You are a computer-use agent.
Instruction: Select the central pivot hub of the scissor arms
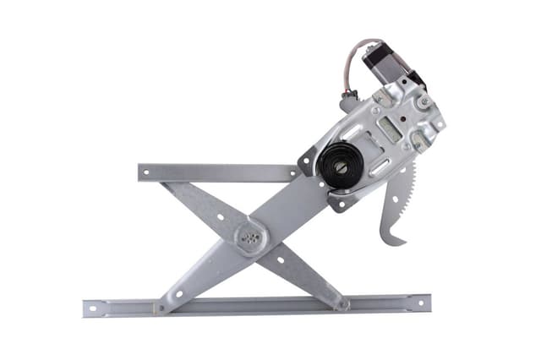pyautogui.click(x=250, y=237)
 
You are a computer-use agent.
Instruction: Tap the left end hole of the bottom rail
pyautogui.click(x=93, y=308)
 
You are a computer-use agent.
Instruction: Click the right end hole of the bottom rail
pyautogui.click(x=419, y=303)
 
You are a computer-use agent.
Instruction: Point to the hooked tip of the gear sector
pyautogui.click(x=391, y=241)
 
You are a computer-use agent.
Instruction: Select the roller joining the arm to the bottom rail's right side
pyautogui.click(x=342, y=303)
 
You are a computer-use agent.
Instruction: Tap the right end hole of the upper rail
pyautogui.click(x=292, y=172)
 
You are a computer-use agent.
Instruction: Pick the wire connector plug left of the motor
pyautogui.click(x=347, y=105)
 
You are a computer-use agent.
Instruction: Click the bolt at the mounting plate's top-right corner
pyautogui.click(x=424, y=101)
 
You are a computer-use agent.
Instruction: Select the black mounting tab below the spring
pyautogui.click(x=338, y=204)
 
